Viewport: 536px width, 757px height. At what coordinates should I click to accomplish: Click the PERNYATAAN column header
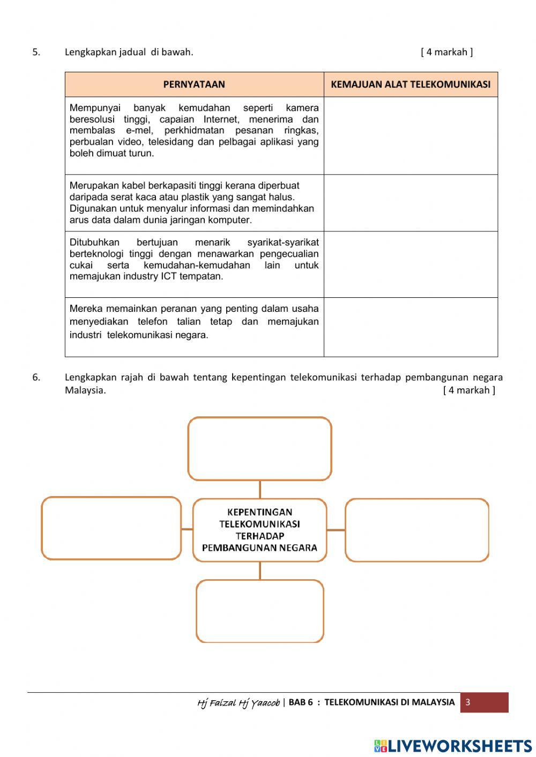(x=194, y=85)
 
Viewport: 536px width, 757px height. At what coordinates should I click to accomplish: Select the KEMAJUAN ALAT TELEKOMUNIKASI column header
(x=411, y=85)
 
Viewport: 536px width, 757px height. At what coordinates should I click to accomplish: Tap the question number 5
(x=36, y=52)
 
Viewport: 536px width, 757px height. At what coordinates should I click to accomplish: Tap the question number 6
(x=36, y=377)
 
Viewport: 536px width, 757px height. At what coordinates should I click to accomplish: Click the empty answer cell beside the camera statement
(x=411, y=136)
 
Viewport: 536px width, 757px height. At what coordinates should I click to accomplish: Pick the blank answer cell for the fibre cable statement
(x=411, y=203)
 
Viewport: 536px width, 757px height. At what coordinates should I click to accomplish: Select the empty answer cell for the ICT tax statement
(x=411, y=265)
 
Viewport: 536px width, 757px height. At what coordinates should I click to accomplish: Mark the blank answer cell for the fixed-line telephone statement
(x=411, y=327)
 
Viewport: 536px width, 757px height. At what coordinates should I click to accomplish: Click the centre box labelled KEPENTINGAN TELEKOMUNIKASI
(x=259, y=530)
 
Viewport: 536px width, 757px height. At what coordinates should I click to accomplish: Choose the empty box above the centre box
(x=259, y=448)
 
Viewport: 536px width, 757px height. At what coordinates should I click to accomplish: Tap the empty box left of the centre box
(x=111, y=528)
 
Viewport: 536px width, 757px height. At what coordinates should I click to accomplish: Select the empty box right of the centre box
(x=417, y=530)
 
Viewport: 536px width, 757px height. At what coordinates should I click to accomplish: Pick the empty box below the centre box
(x=260, y=611)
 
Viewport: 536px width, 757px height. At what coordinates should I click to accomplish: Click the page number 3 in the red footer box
(x=468, y=702)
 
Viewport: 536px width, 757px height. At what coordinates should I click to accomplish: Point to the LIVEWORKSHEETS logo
(x=453, y=746)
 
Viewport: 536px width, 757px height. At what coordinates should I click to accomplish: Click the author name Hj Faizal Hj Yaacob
(x=238, y=703)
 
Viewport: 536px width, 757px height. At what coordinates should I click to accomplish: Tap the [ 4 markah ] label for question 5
(x=446, y=52)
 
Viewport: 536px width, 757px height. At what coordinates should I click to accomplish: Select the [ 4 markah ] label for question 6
(x=469, y=390)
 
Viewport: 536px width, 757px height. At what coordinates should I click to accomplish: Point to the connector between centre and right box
(x=336, y=530)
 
